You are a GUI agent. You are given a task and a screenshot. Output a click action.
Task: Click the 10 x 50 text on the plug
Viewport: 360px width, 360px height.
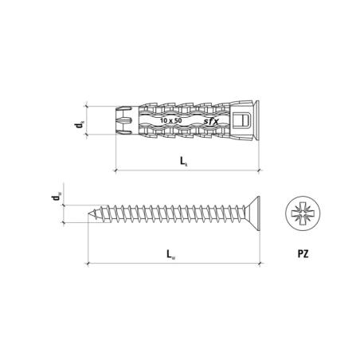tap(171, 120)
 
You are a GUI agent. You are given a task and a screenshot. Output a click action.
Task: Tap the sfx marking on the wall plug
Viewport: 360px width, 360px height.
tap(211, 121)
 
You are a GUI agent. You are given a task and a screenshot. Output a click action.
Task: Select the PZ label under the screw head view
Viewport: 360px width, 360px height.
tap(303, 254)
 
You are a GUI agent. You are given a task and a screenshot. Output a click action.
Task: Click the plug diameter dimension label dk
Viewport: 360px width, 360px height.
tap(80, 124)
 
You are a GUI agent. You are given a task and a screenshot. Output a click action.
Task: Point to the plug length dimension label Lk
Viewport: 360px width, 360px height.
tap(184, 162)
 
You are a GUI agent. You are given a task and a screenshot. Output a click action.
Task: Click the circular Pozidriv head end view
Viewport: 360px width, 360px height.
tap(303, 213)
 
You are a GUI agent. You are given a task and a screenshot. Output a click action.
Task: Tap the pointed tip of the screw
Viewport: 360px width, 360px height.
tap(88, 213)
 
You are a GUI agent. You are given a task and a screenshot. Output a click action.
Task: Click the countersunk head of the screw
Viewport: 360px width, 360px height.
tap(254, 213)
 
